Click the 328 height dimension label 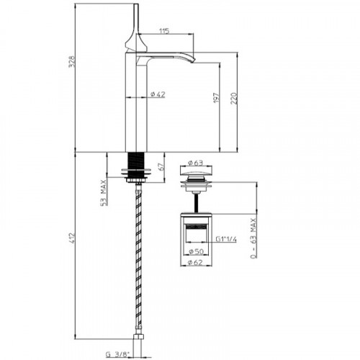click(x=72, y=62)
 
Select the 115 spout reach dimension click(x=164, y=31)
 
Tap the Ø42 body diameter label click(x=158, y=94)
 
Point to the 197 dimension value click(x=217, y=98)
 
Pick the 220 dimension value click(x=234, y=98)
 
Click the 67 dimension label click(x=161, y=166)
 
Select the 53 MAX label click(x=104, y=193)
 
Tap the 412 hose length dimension click(x=72, y=238)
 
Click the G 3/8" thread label click(x=117, y=354)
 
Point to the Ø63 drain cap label click(x=195, y=163)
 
